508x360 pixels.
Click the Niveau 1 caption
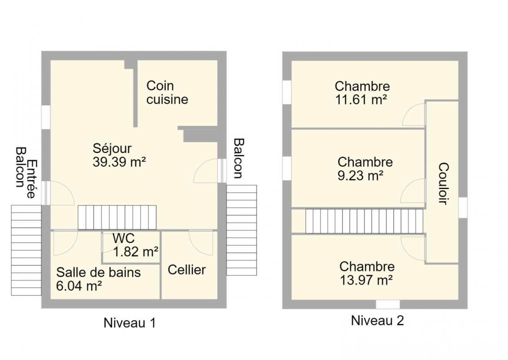(x=129, y=323)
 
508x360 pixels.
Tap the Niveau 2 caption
(x=378, y=320)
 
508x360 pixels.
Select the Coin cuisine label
(x=167, y=92)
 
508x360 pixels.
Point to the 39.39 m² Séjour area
(x=119, y=162)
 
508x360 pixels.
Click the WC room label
(x=124, y=238)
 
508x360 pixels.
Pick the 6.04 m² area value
(x=79, y=286)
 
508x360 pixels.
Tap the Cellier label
(x=187, y=270)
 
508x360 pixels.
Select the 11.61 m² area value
(x=361, y=99)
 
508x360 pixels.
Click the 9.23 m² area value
(x=361, y=175)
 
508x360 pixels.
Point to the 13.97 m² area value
(x=366, y=280)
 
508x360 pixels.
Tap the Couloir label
(x=443, y=184)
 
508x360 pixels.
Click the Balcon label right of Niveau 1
(x=239, y=158)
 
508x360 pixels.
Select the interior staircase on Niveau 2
(x=364, y=221)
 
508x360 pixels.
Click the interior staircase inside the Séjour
(x=117, y=218)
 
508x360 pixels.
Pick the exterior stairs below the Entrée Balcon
(x=26, y=250)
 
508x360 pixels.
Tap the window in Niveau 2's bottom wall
(x=388, y=305)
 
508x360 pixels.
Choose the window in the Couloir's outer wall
(x=463, y=207)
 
